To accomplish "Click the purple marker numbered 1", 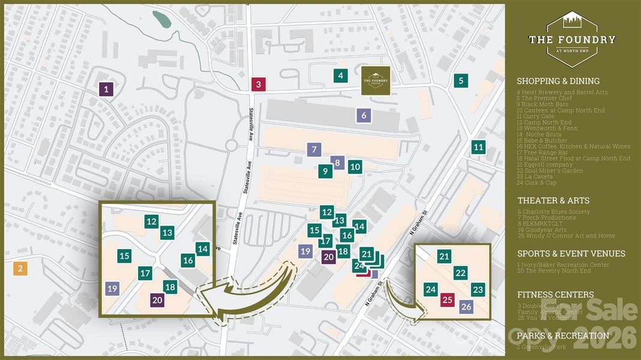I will pyautogui.click(x=106, y=90).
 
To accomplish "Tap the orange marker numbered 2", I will pyautogui.click(x=20, y=268).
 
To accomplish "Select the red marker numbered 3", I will pyautogui.click(x=258, y=84).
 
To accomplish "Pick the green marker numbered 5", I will pyautogui.click(x=461, y=80).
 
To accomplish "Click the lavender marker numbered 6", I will pyautogui.click(x=363, y=115).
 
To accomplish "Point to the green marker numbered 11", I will pyautogui.click(x=478, y=147).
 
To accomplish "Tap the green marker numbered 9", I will pyautogui.click(x=325, y=172).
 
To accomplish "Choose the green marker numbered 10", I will pyautogui.click(x=355, y=167).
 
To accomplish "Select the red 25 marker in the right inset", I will pyautogui.click(x=447, y=299).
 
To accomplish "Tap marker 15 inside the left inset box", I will pyautogui.click(x=124, y=256).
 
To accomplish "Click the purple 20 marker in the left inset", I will pyautogui.click(x=157, y=300).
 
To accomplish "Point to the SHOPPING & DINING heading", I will pyautogui.click(x=558, y=81).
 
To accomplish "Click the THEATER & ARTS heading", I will pyautogui.click(x=553, y=200).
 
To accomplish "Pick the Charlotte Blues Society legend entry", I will pyautogui.click(x=555, y=212).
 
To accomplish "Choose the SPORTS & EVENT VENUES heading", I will pyautogui.click(x=571, y=253).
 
